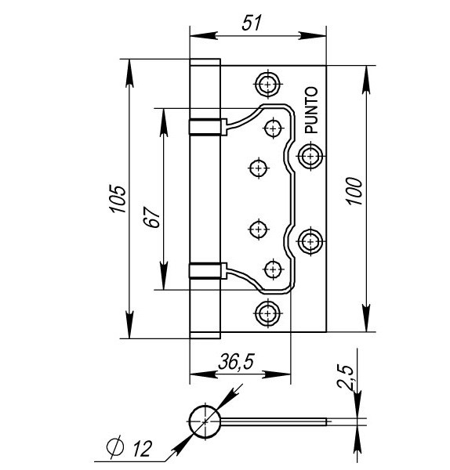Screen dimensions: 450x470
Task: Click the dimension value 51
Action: (252, 22)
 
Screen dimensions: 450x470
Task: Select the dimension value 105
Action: (118, 199)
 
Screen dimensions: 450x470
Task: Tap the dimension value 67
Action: (151, 217)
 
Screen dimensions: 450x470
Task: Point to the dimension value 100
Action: (354, 191)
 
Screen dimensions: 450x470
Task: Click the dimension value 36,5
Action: (236, 361)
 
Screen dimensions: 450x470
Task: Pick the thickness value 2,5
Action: (345, 376)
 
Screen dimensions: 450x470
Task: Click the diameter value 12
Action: (142, 448)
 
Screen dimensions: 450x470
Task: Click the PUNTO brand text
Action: (311, 110)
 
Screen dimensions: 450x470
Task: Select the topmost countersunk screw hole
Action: (267, 84)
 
